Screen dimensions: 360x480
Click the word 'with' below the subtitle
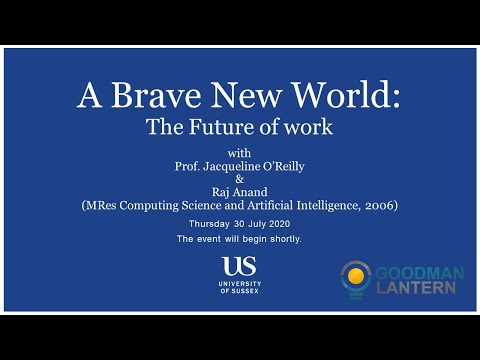tap(241, 149)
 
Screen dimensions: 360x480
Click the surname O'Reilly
tap(292, 163)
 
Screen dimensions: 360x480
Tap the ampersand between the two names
tap(241, 177)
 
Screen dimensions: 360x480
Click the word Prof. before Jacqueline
tap(186, 163)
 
